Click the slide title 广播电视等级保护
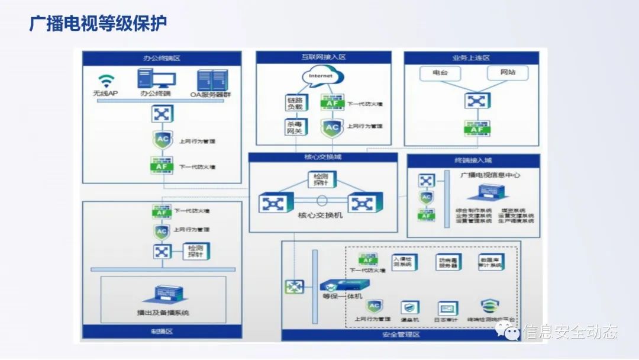click(98, 24)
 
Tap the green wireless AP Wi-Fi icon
click(105, 81)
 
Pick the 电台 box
click(440, 73)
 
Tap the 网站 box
click(508, 73)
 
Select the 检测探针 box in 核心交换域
click(322, 179)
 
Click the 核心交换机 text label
click(319, 216)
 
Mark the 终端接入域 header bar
click(473, 160)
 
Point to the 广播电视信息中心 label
click(490, 175)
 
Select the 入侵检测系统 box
click(405, 262)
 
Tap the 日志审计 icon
click(447, 308)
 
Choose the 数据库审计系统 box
click(491, 262)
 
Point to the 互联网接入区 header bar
click(323, 57)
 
